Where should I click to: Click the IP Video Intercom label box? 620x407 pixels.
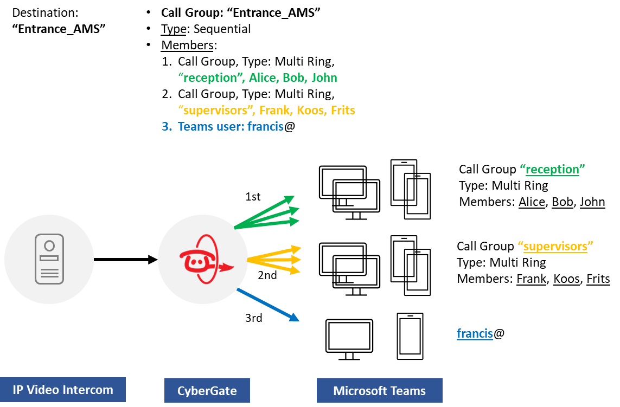click(x=63, y=390)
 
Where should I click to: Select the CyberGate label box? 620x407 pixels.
click(x=207, y=390)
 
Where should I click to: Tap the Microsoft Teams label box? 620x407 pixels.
click(x=379, y=390)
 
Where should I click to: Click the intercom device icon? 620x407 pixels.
click(x=49, y=259)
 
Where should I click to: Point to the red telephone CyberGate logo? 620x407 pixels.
click(x=204, y=260)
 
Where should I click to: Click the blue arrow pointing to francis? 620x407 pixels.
click(x=268, y=305)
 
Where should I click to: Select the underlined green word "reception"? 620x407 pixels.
click(x=552, y=169)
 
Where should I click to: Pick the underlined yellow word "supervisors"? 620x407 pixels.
click(x=555, y=247)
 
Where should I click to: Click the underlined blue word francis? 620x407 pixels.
click(x=475, y=333)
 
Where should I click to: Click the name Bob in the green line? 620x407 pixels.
click(x=294, y=77)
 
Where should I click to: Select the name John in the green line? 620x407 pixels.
click(x=324, y=77)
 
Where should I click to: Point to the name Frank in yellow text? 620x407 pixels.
click(x=274, y=110)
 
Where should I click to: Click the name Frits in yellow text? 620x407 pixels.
click(x=343, y=110)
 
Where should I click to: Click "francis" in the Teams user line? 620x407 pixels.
click(x=265, y=127)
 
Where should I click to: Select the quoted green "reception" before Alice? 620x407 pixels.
click(x=210, y=77)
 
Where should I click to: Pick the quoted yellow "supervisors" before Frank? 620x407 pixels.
click(x=216, y=110)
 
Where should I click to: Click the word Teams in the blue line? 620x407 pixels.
click(x=193, y=127)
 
